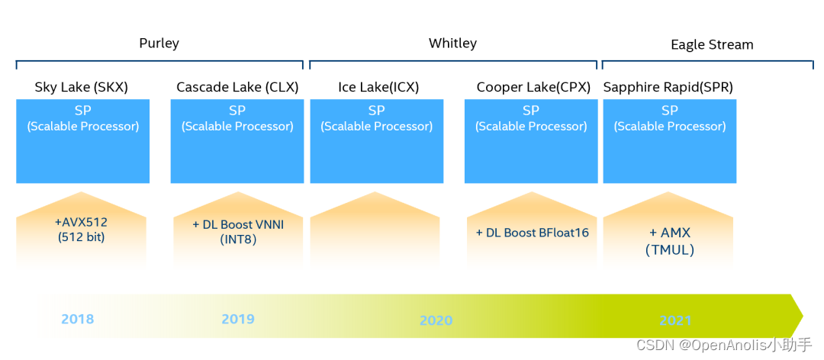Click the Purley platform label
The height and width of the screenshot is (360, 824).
click(x=159, y=43)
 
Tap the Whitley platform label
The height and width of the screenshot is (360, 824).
click(x=452, y=43)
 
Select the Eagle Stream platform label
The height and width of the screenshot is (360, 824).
click(x=712, y=45)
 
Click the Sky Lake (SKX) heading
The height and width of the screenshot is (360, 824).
click(x=82, y=87)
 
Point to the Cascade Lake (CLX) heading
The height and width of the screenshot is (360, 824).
click(x=237, y=87)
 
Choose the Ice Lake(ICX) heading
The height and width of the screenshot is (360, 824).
click(x=378, y=87)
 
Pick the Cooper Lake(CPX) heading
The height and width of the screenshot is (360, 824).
click(x=533, y=87)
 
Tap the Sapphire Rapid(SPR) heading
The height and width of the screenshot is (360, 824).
click(x=668, y=87)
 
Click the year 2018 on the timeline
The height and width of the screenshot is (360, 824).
click(x=78, y=319)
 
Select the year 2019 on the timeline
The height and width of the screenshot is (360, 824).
click(x=238, y=319)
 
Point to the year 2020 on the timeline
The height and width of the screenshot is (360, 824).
click(x=436, y=320)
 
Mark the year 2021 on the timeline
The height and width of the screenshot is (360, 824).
click(x=675, y=320)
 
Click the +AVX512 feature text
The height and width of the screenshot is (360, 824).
click(x=81, y=223)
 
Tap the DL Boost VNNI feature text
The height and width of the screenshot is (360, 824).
click(x=239, y=225)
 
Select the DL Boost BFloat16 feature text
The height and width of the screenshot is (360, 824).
click(x=533, y=233)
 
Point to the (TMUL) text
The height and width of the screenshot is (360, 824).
click(x=670, y=250)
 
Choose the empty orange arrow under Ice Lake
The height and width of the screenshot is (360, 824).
click(x=375, y=231)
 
